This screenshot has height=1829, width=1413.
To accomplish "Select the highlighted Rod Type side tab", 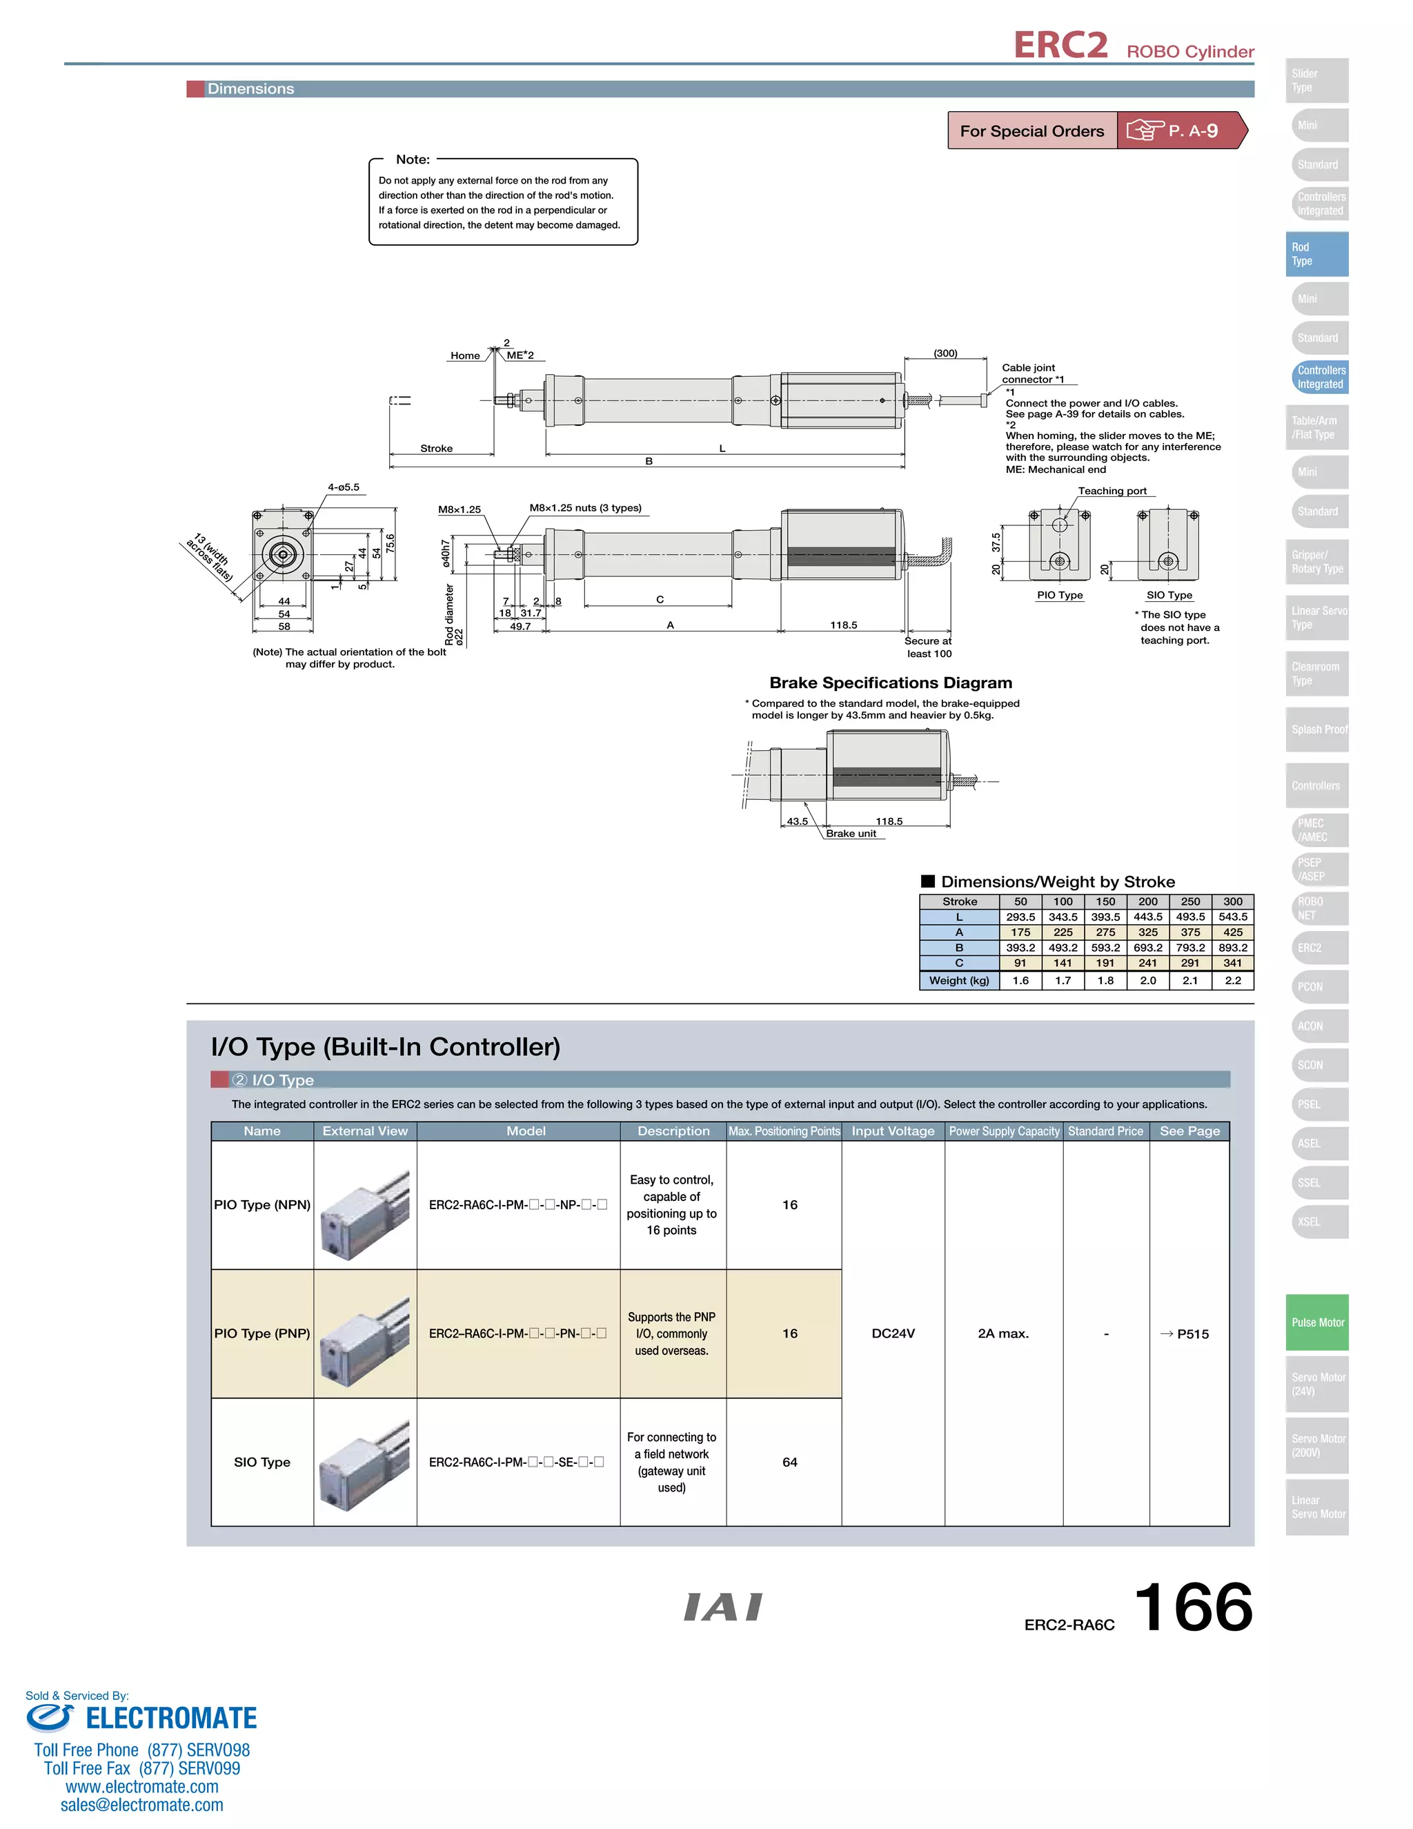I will pos(1316,254).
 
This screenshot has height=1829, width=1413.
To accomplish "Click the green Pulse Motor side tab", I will pos(1316,1322).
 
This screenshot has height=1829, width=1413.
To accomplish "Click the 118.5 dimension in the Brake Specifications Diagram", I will pos(888,821).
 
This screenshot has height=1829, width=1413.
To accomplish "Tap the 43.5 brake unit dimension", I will pos(797,821).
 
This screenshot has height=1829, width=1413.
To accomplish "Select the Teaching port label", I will pos(1111,491).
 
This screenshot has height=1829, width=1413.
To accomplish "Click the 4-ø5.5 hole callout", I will pos(343,487).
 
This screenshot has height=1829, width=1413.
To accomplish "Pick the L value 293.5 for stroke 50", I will pos(1020,917).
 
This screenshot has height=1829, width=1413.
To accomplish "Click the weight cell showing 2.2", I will pos(1232,981).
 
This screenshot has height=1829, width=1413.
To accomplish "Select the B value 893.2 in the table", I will pos(1232,948).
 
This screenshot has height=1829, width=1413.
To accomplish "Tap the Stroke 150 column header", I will pos(1105,902).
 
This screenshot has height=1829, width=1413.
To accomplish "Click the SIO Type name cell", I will pos(262,1463).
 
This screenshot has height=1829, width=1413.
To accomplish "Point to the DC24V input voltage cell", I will pos(892,1333).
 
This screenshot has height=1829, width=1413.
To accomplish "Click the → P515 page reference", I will pos(1185,1334).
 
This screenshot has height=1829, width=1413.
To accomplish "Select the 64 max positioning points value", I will pos(789,1463).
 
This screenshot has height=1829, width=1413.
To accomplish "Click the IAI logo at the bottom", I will pos(722,1607).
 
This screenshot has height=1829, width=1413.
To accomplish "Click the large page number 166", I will pos(1193,1607).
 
